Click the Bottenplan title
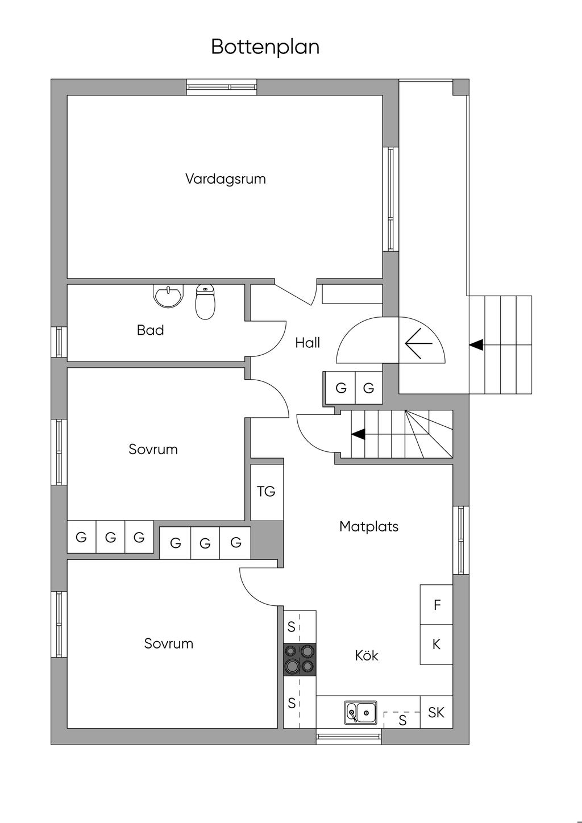265,47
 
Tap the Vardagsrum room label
225,179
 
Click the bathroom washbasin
168,296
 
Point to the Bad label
150,330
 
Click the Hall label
307,343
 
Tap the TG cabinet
267,492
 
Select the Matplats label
368,526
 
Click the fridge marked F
436,605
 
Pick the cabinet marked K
436,645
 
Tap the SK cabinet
436,712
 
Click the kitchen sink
360,712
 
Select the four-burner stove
300,659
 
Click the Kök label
367,656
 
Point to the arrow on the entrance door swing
418,343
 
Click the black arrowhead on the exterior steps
476,344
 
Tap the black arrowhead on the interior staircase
358,434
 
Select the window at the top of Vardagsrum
222,86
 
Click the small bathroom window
59,342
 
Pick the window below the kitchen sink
348,737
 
